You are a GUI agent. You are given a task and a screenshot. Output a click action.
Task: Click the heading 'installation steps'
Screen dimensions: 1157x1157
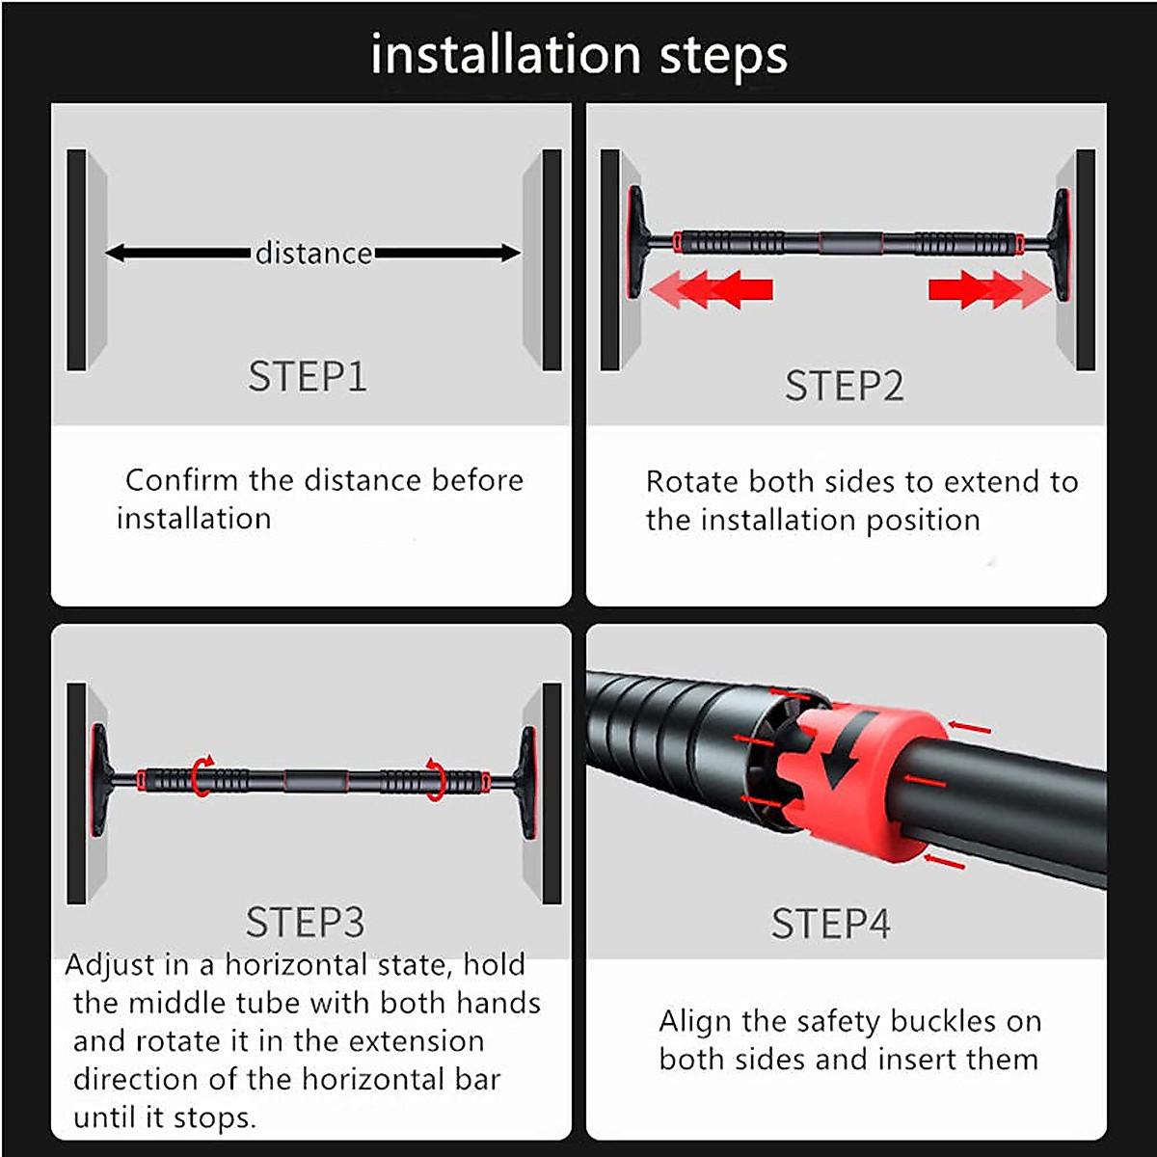(x=578, y=55)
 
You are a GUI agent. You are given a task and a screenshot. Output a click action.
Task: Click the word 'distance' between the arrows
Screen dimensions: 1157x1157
(x=313, y=254)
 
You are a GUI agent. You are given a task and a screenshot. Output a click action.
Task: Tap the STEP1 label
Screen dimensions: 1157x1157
(x=308, y=376)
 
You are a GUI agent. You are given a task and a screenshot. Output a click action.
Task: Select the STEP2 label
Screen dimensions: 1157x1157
(x=844, y=386)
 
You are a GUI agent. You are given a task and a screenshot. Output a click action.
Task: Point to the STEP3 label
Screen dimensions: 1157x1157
(x=306, y=923)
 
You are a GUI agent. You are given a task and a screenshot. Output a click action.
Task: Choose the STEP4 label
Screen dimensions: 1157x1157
(x=830, y=924)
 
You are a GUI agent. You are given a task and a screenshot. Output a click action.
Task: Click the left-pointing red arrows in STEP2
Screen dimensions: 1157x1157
(x=712, y=288)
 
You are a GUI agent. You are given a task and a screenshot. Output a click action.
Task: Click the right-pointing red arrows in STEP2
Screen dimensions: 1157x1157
(x=988, y=288)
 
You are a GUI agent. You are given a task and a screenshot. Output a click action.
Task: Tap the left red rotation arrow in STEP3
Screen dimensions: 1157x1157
(x=202, y=775)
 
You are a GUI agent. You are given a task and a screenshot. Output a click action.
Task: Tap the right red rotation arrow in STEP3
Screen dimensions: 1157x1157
(x=436, y=777)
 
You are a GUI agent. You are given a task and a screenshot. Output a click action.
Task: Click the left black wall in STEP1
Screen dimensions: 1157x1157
(x=77, y=260)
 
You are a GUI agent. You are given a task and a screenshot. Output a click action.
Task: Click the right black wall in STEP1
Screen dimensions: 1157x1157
(x=552, y=260)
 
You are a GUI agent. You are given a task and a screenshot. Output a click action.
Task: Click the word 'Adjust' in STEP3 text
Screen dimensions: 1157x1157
(x=109, y=965)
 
